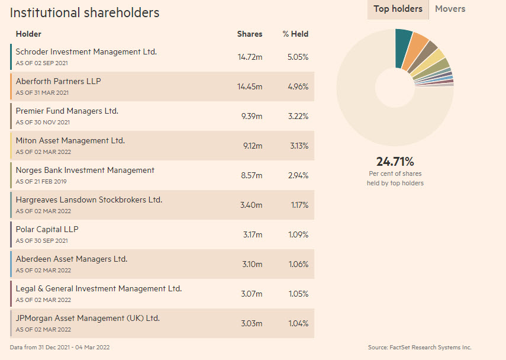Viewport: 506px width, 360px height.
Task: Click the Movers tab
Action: tap(450, 9)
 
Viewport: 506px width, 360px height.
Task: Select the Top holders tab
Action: tap(398, 9)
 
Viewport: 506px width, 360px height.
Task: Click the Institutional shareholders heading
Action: tap(85, 12)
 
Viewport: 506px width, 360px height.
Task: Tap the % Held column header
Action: tap(295, 34)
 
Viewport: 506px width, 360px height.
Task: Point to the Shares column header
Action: tap(250, 34)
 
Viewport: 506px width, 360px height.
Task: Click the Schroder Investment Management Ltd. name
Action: tap(86, 52)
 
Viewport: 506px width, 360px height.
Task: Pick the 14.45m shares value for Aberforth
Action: tap(250, 86)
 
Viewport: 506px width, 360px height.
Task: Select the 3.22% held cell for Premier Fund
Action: tap(298, 116)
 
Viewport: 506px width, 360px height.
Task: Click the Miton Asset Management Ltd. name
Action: tap(70, 140)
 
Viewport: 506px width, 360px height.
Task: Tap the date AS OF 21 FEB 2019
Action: tap(41, 181)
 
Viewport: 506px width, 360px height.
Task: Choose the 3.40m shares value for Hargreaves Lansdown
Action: tap(251, 205)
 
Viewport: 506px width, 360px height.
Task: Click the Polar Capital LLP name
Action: tap(47, 229)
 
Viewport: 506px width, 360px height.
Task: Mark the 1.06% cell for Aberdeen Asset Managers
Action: tap(298, 264)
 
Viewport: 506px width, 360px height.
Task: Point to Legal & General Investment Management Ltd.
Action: tap(99, 288)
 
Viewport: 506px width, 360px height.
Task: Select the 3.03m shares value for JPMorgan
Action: tap(252, 323)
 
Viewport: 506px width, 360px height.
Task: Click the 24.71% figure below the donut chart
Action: tap(395, 162)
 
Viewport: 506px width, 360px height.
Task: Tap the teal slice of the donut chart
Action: tap(402, 48)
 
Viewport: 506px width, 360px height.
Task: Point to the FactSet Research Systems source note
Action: tap(420, 348)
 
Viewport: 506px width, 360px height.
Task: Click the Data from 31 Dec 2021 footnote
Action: tap(60, 348)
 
